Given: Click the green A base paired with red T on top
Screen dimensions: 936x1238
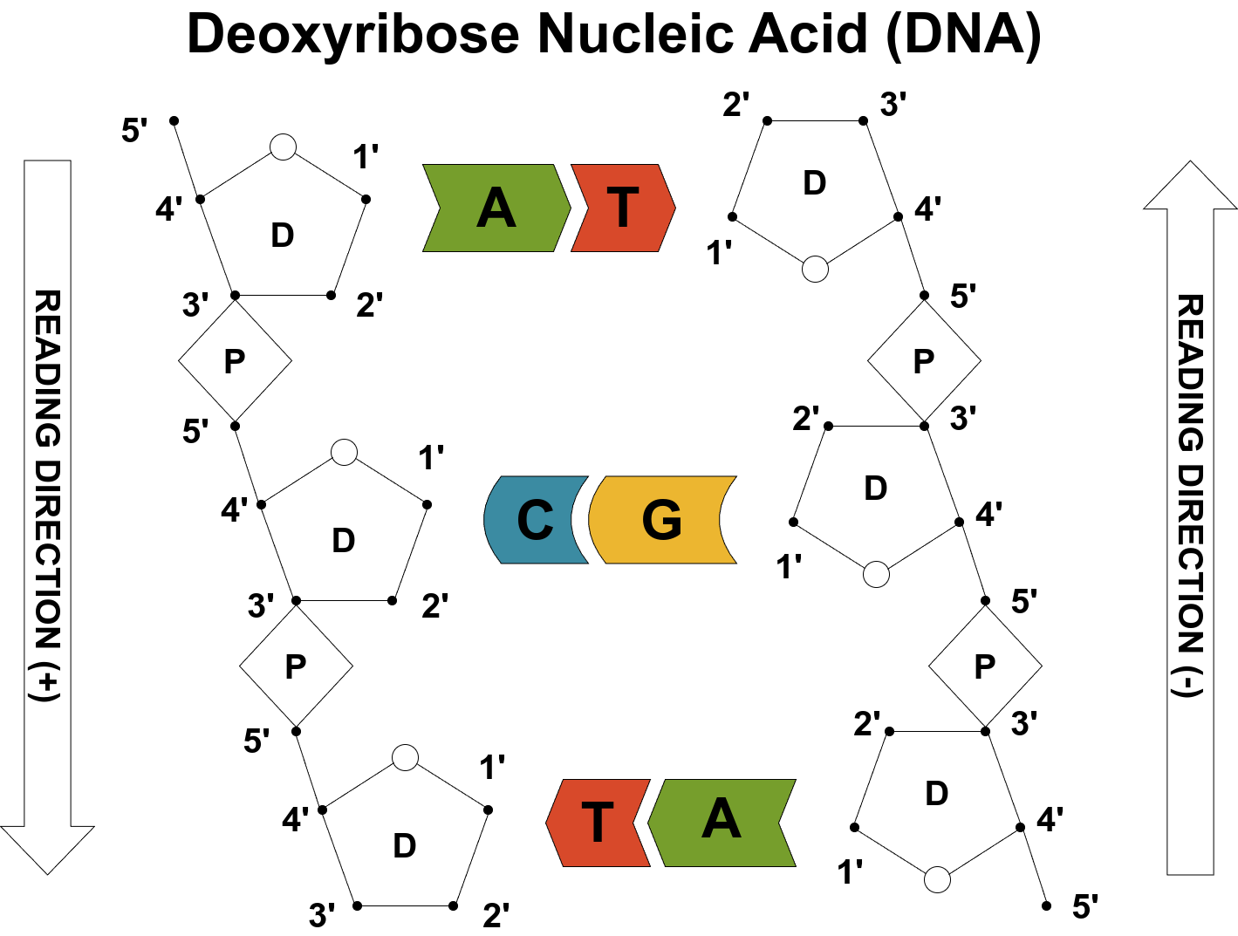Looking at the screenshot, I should point(495,208).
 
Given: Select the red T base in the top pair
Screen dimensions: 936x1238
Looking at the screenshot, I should point(623,208).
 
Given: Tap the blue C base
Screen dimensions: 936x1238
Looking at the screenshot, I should point(535,520).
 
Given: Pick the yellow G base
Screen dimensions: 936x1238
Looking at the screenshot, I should point(661,520).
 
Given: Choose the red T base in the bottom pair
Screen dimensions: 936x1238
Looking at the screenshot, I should point(598,823).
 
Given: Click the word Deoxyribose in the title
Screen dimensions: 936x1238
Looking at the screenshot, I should point(353,35).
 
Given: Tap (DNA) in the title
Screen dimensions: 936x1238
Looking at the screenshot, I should point(963,35).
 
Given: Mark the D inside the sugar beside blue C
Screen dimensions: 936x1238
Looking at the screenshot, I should point(344,541).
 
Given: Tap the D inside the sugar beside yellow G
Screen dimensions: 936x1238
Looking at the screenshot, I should point(876,488).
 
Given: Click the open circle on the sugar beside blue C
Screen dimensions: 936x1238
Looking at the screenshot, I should point(345,452).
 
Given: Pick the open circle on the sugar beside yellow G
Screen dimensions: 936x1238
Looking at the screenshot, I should point(876,575).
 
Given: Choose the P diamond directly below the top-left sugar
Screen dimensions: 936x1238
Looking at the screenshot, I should point(235,360).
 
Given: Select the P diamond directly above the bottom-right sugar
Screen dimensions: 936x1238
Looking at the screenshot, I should point(985,666).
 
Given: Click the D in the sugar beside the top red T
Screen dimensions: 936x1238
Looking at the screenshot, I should point(815,183).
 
